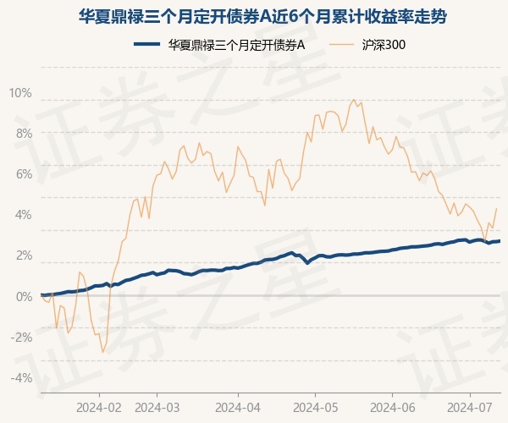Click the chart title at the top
coord(254,16)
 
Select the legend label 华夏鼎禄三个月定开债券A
coord(236,45)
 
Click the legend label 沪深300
coord(388,45)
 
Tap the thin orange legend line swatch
coord(345,45)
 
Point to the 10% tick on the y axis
coord(20,92)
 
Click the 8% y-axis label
coord(23,133)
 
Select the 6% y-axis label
coord(23,173)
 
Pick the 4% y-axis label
coord(23,214)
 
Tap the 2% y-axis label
coord(23,255)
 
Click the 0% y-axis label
coord(23,296)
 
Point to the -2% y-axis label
coord(21,337)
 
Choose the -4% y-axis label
coord(21,377)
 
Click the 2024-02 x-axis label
coord(99,407)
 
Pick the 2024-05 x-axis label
coord(315,407)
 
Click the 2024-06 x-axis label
coord(393,407)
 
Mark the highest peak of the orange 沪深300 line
coord(353,100)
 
